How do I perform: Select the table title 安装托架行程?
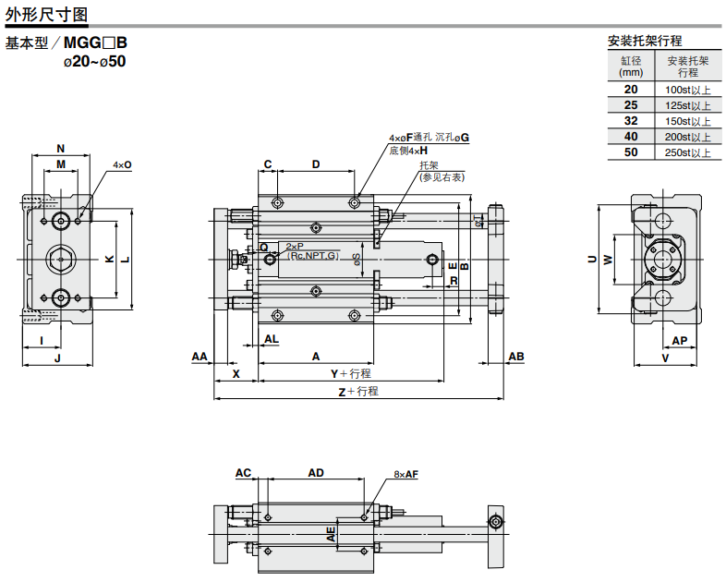point(645,41)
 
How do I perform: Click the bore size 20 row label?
point(631,89)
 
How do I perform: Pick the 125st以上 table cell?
point(688,105)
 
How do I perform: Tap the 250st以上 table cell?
point(688,152)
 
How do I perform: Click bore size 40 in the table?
point(631,137)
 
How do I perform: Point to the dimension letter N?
point(61,149)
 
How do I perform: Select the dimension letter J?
point(57,357)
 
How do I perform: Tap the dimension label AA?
point(200,356)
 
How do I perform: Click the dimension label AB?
point(516,357)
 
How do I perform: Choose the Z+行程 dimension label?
point(358,392)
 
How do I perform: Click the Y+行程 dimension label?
point(351,373)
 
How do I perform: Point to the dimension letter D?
point(315,164)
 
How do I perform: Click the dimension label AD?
point(316,472)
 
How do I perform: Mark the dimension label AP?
point(679,340)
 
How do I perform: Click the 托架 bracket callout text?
point(430,165)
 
